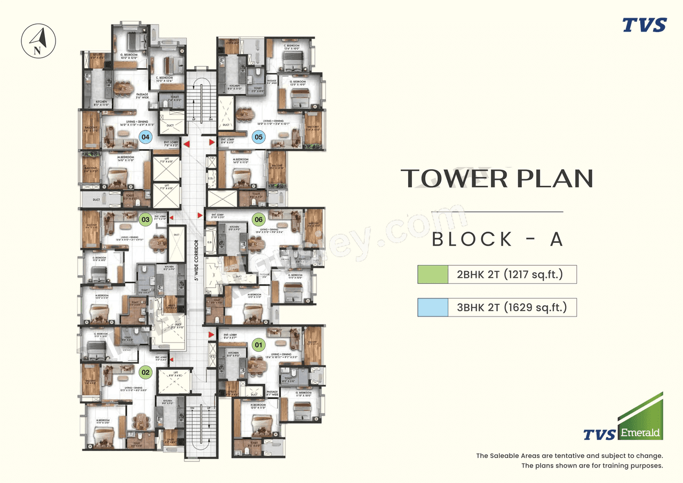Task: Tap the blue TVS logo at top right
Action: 644,25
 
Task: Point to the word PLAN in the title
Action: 555,178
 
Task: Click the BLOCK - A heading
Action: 497,239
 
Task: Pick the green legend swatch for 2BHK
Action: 433,274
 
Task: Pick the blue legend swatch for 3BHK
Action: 433,307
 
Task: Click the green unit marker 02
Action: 145,371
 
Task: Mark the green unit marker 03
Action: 145,219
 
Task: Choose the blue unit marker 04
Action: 145,137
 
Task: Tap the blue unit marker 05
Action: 259,137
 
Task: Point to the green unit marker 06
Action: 259,219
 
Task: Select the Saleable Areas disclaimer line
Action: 569,456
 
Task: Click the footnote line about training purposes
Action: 592,465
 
